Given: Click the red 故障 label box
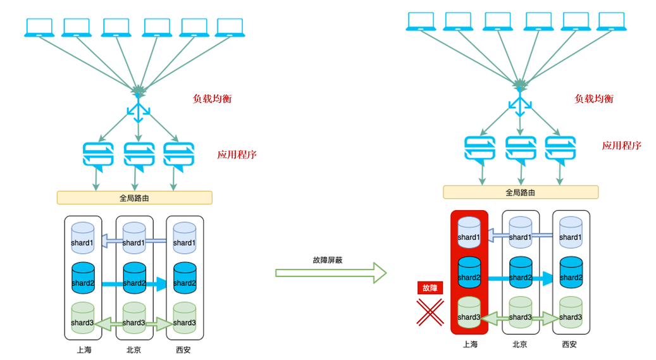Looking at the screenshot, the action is (430, 288).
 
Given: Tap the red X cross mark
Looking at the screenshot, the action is (430, 313).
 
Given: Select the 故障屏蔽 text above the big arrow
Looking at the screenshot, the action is (328, 261).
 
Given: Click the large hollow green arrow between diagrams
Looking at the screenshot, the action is (330, 273).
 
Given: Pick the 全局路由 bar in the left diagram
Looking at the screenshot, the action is (134, 198).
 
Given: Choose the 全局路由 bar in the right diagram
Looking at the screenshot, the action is (521, 192).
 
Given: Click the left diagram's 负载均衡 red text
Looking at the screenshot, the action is (212, 99).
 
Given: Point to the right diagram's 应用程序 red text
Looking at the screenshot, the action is (621, 146).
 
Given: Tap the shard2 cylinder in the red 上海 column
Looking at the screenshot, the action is (469, 273).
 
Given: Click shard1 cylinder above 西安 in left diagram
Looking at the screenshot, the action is (185, 238).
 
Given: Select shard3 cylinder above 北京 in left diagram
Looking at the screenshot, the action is (134, 318).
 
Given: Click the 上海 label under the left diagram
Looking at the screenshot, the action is (84, 349).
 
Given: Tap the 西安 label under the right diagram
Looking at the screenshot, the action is (569, 344).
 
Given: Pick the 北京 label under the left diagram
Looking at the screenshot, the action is (134, 349).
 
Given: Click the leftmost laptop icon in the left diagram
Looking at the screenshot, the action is (39, 28).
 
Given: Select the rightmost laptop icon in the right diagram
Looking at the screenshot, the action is (612, 22).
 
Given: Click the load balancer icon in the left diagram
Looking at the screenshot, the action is (139, 108).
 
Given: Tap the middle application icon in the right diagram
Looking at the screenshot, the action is (521, 150).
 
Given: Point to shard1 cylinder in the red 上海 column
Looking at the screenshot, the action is (469, 232).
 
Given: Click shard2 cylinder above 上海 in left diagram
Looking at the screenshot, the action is (83, 278).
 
